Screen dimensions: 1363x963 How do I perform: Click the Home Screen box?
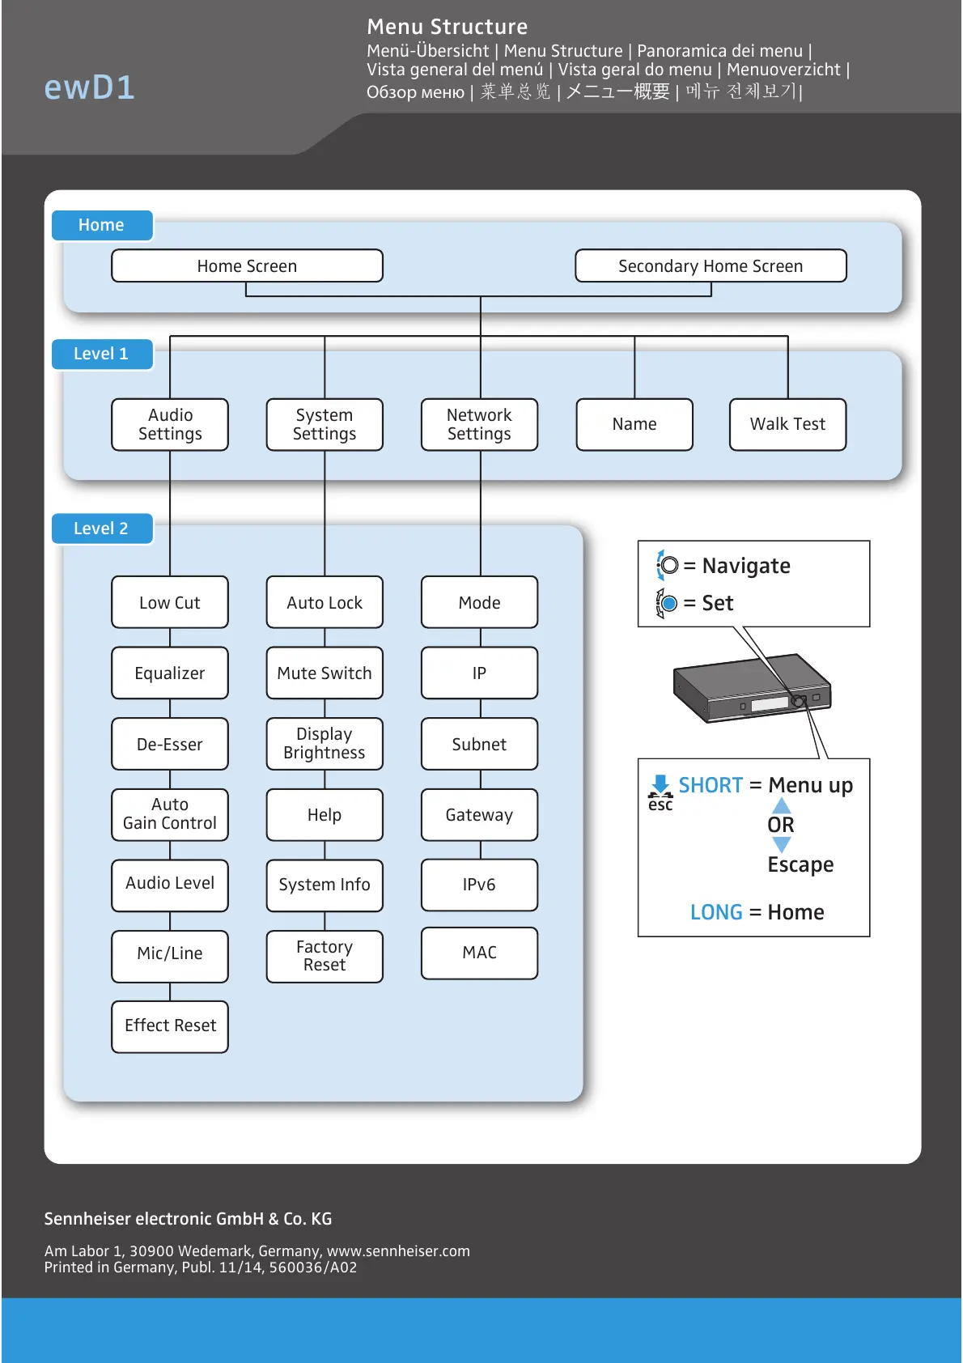[x=247, y=266]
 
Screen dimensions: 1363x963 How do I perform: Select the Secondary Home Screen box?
[x=711, y=266]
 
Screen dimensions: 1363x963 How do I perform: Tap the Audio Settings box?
[x=170, y=424]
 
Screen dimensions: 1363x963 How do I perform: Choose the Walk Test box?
[x=787, y=424]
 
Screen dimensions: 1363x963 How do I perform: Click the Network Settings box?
[x=479, y=424]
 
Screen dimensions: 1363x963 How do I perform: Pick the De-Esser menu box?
[x=170, y=744]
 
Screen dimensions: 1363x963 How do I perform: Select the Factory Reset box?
[x=325, y=956]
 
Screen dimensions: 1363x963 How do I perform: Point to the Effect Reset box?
[x=170, y=1026]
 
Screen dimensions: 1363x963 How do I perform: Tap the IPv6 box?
[x=479, y=885]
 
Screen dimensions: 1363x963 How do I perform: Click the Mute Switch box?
[x=325, y=673]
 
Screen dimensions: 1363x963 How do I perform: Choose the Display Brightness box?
[x=325, y=744]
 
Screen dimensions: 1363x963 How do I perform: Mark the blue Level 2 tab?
[x=102, y=529]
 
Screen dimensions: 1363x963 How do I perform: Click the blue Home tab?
[x=102, y=225]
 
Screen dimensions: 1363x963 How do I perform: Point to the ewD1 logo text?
[x=89, y=87]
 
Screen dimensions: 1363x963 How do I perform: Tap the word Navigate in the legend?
[x=746, y=566]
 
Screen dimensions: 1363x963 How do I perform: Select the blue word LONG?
[x=716, y=912]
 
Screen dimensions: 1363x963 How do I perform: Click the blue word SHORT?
[x=711, y=785]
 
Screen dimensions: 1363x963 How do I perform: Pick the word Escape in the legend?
[x=800, y=864]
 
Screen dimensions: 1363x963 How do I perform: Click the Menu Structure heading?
[x=447, y=27]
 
